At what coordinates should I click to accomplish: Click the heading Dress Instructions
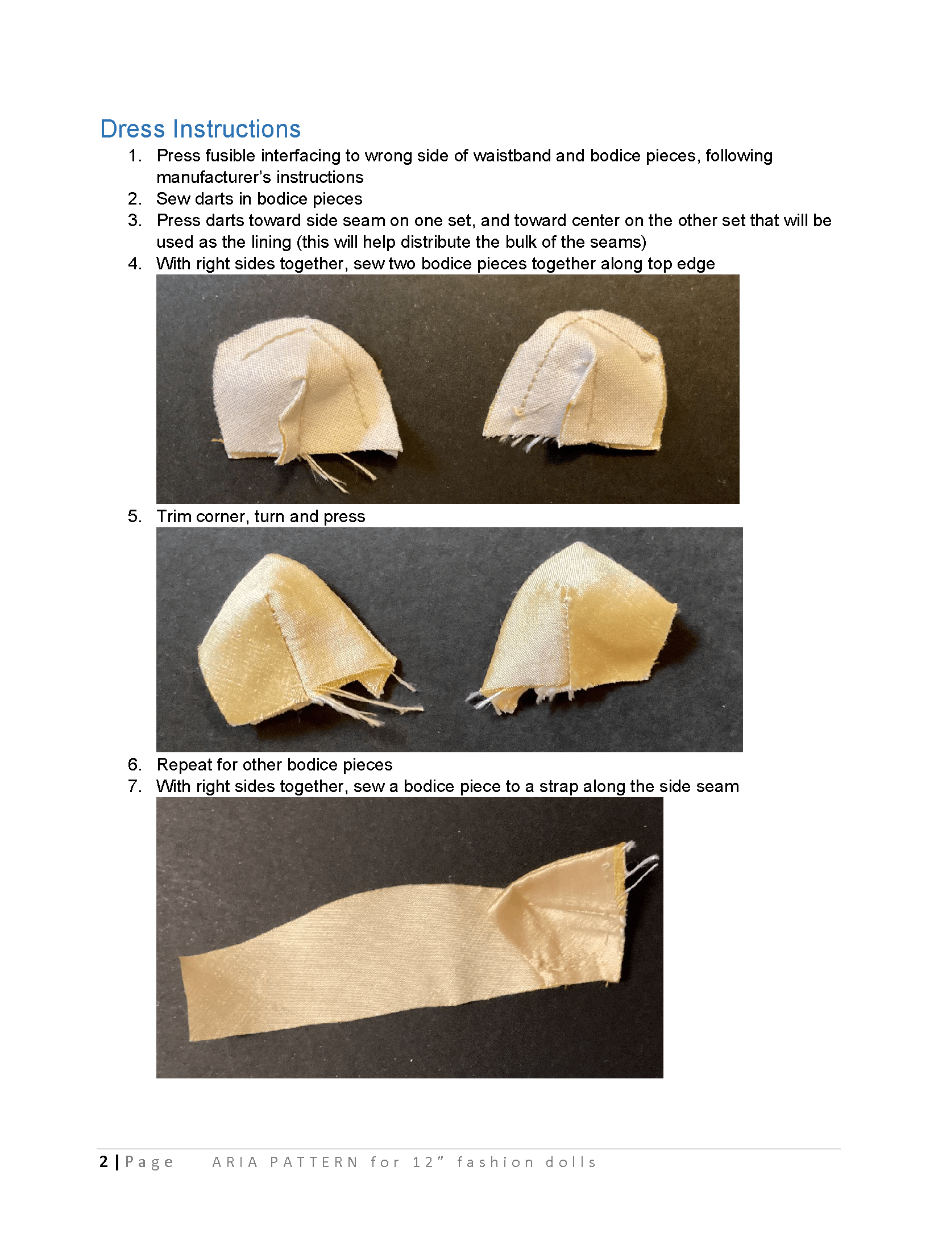click(x=200, y=129)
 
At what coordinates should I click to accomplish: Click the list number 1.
click(x=135, y=156)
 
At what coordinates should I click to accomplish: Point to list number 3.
click(x=135, y=220)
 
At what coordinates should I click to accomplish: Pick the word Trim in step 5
click(x=175, y=516)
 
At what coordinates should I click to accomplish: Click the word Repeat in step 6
click(x=180, y=765)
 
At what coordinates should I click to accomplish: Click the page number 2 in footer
click(x=103, y=1162)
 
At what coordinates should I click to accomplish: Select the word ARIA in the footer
click(x=235, y=1162)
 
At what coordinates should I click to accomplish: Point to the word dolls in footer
click(x=571, y=1162)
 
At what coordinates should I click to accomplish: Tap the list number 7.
click(x=135, y=786)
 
